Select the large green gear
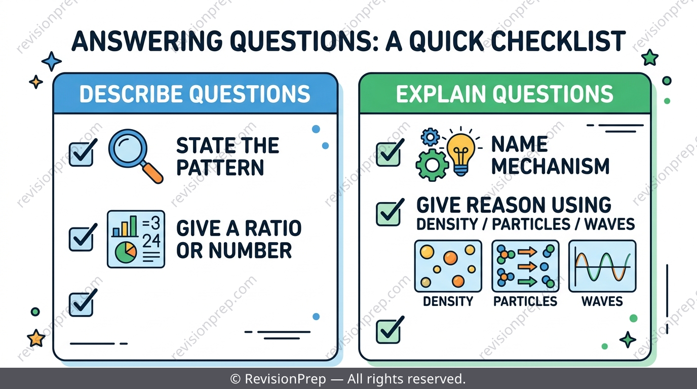pyautogui.click(x=432, y=165)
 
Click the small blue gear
pyautogui.click(x=430, y=137)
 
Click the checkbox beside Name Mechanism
pyautogui.click(x=390, y=152)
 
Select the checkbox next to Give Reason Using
pyautogui.click(x=390, y=212)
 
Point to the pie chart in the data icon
pyautogui.click(x=126, y=253)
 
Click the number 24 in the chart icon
pyautogui.click(x=151, y=241)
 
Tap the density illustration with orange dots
pyautogui.click(x=448, y=266)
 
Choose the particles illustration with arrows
pyautogui.click(x=525, y=266)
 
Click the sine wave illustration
pyautogui.click(x=602, y=266)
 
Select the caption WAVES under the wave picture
pyautogui.click(x=602, y=301)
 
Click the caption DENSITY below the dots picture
pyautogui.click(x=448, y=301)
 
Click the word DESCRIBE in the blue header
pyautogui.click(x=132, y=94)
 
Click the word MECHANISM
pyautogui.click(x=551, y=166)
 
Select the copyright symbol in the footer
pyautogui.click(x=236, y=379)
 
